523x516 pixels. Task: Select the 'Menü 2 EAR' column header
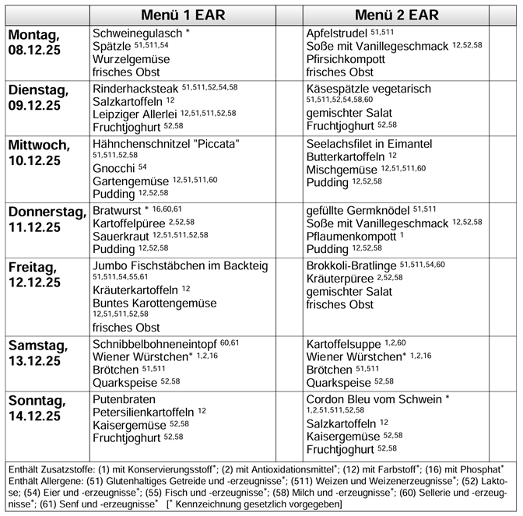pos(396,15)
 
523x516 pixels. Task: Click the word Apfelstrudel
pos(338,33)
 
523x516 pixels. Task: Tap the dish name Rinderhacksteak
pos(136,89)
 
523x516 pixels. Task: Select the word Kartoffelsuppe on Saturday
pos(342,343)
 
